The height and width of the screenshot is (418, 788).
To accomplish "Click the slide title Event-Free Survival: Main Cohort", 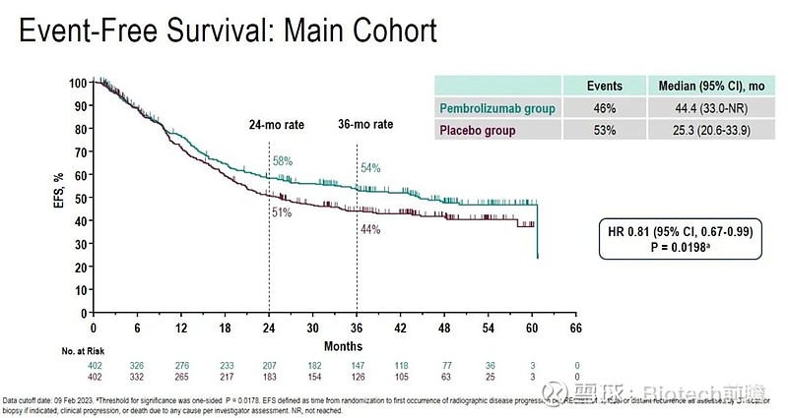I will coord(228,31).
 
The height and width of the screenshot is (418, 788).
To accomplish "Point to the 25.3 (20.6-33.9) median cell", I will coord(704,129).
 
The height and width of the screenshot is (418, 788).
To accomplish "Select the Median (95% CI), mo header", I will coord(704,86).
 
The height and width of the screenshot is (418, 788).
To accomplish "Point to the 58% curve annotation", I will coord(283,159).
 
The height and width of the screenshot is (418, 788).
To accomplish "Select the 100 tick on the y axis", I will coord(78,83).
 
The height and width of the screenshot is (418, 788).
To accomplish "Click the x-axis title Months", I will coord(340,345).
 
